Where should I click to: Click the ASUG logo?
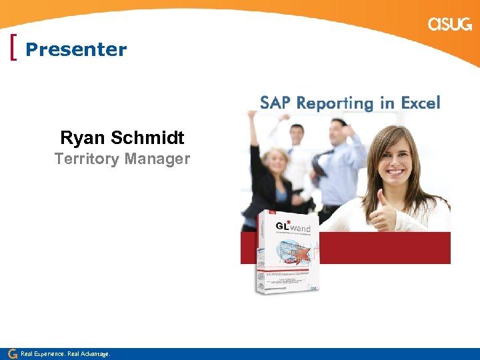point(450,25)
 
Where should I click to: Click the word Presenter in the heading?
point(76,49)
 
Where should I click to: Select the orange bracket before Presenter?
point(15,49)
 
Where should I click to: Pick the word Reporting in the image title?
point(335,103)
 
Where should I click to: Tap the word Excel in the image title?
point(421,103)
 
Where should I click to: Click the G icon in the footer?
point(12,353)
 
